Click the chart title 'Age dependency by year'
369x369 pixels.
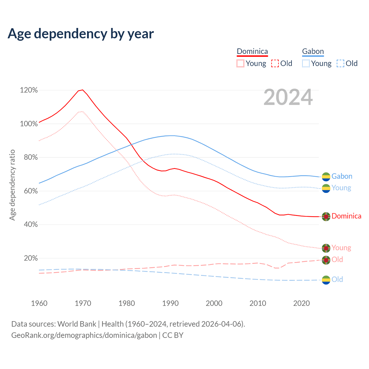[81, 34]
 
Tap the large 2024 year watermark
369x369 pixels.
[288, 97]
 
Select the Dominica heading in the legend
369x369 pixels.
[252, 51]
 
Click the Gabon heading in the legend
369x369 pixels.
[313, 51]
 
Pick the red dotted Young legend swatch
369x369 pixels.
[240, 63]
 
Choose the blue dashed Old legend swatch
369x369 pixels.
[340, 63]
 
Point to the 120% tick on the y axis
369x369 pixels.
[29, 90]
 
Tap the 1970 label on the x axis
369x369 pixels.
[83, 303]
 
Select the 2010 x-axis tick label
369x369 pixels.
[258, 303]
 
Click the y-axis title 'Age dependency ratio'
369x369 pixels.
[12, 185]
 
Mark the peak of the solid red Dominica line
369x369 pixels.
[83, 90]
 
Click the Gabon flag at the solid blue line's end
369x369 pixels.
[326, 176]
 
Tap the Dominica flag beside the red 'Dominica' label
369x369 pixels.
[326, 216]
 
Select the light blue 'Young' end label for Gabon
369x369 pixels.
[341, 188]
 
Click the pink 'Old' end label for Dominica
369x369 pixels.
[337, 259]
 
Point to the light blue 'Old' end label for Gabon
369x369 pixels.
[337, 279]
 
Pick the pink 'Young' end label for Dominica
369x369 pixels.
[341, 248]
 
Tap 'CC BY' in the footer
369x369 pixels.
[173, 335]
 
